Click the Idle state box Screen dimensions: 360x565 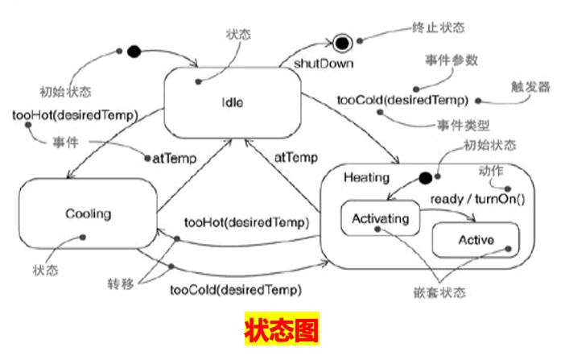[232, 102]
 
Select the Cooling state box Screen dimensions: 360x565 [87, 213]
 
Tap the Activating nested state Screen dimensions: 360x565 [381, 218]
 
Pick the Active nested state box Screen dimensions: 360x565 [476, 239]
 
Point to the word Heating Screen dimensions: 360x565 [366, 177]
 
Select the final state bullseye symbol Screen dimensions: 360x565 [342, 42]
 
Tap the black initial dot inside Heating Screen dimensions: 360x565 [426, 178]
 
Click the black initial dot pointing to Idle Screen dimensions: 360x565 [134, 52]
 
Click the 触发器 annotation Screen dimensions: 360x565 [531, 86]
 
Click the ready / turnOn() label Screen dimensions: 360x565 [477, 198]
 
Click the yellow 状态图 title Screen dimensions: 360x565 [282, 330]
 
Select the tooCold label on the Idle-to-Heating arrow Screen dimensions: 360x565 [402, 101]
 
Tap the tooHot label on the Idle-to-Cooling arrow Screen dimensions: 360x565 [75, 114]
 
